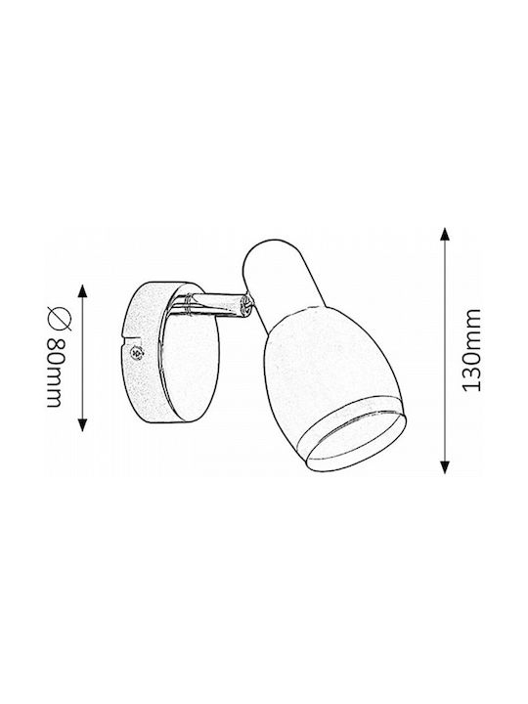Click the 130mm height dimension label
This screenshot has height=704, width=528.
click(471, 350)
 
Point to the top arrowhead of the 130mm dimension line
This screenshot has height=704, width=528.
click(444, 236)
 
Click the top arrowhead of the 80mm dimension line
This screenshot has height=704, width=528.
click(82, 291)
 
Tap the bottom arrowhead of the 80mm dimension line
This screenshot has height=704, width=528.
click(82, 423)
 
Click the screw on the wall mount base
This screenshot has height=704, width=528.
click(137, 353)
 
